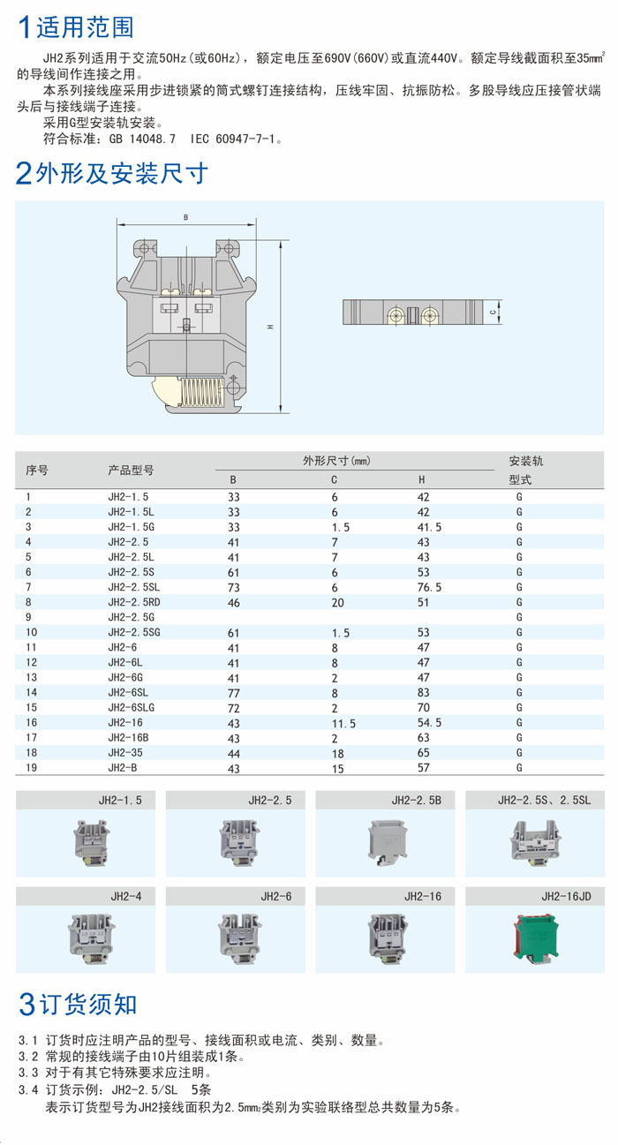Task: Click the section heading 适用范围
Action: click(x=85, y=27)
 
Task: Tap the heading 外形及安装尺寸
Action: click(x=122, y=173)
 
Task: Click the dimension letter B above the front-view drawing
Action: click(x=185, y=217)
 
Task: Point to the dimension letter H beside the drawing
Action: click(x=270, y=327)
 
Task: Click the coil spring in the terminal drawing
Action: click(x=201, y=392)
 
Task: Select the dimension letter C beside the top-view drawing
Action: click(x=493, y=312)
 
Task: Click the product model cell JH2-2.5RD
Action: click(x=134, y=602)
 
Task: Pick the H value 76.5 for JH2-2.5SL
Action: click(x=429, y=587)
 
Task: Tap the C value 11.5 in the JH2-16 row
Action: click(x=343, y=723)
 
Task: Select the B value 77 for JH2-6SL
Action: click(x=234, y=693)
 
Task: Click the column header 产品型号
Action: click(x=131, y=470)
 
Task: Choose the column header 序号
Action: click(x=37, y=470)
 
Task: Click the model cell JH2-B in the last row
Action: click(x=123, y=768)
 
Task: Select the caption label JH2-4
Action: click(x=126, y=896)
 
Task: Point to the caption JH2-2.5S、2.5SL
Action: click(x=545, y=800)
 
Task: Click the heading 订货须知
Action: click(x=88, y=1005)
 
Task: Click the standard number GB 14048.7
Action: click(x=142, y=139)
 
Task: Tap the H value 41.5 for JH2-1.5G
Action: click(x=429, y=527)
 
